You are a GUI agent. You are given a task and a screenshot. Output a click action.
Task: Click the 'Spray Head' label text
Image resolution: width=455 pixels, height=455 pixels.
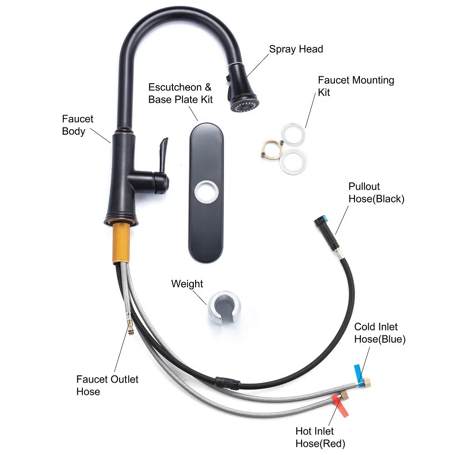point(296,49)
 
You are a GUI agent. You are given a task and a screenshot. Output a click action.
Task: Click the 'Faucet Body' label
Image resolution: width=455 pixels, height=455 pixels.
point(77,125)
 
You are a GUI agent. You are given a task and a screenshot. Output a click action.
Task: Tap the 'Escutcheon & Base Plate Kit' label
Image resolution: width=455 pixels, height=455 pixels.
point(181,93)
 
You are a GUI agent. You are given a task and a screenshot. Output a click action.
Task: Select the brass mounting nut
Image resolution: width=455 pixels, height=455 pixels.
point(271,149)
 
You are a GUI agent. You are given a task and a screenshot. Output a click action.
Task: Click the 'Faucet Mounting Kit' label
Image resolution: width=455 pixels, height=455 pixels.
point(355,86)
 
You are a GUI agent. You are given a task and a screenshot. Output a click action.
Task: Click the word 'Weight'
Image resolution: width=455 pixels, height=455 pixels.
point(187,284)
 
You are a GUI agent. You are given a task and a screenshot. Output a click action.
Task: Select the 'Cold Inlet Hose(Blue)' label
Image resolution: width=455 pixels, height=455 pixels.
point(379,333)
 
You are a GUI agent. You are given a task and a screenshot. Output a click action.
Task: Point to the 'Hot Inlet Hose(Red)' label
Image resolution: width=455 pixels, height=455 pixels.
point(320,437)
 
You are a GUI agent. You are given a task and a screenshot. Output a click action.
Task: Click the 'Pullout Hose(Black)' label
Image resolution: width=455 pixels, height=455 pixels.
point(376,192)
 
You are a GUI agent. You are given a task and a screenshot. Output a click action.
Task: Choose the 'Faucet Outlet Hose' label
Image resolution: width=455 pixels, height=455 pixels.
point(107,385)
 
